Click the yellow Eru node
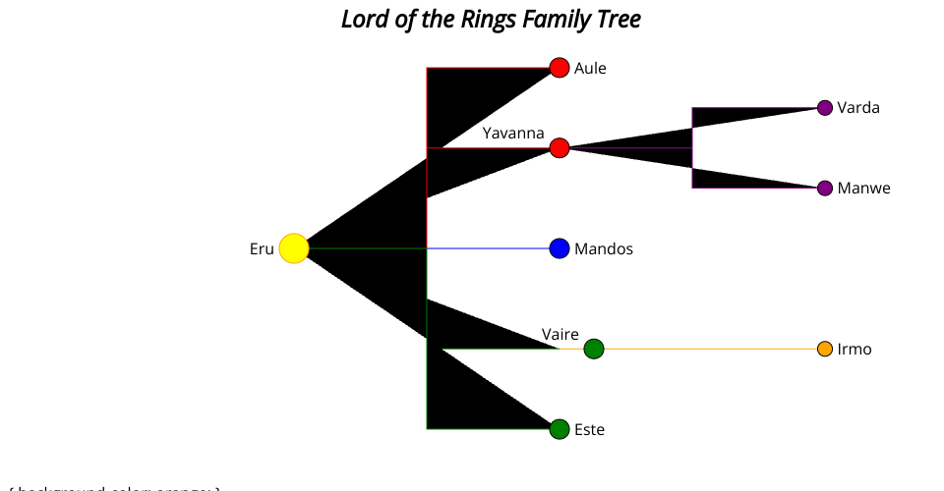[x=294, y=248]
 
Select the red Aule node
[x=560, y=68]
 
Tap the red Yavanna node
[x=560, y=148]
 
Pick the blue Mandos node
[x=560, y=248]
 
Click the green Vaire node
[x=594, y=349]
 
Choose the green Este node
[x=560, y=429]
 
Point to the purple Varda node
[x=825, y=108]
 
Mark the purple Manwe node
[x=825, y=188]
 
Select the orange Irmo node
[x=825, y=349]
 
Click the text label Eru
[x=262, y=249]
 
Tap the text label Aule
[x=590, y=69]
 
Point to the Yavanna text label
[x=513, y=133]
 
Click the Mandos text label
[x=604, y=249]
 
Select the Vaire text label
[x=560, y=335]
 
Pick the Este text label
[x=590, y=430]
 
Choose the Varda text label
[x=858, y=108]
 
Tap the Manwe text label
[x=863, y=189]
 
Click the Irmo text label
[x=855, y=350]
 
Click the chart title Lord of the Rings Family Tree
[x=491, y=19]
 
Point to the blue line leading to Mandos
[x=492, y=248]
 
